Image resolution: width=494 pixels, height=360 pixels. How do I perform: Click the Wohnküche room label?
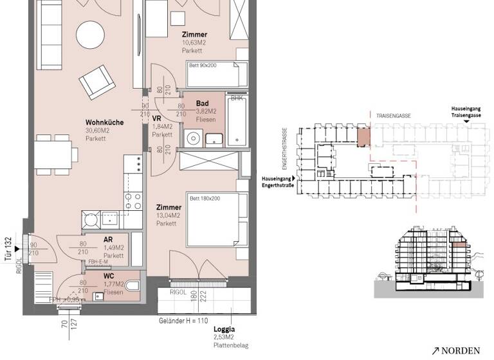[104, 122]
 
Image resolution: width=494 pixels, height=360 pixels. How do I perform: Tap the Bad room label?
[202, 104]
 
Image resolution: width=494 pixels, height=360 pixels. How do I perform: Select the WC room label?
[109, 276]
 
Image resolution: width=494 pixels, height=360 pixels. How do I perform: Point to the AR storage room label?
[109, 239]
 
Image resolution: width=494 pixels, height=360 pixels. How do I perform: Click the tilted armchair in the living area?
[97, 82]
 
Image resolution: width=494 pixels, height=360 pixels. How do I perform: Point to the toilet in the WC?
[133, 286]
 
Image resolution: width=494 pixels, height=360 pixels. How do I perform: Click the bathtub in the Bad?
[237, 123]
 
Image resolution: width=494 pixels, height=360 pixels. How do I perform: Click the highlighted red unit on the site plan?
[363, 136]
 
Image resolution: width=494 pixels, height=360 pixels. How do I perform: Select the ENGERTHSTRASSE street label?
[282, 147]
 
